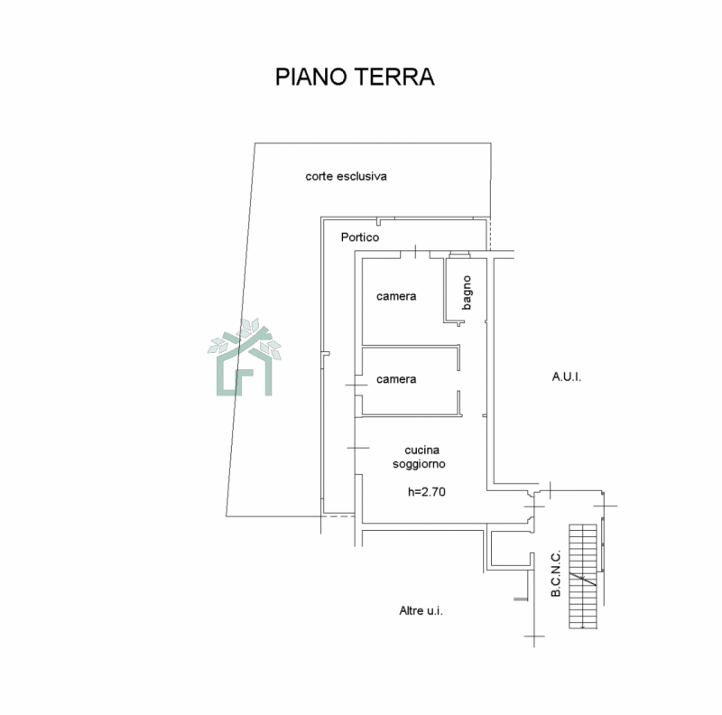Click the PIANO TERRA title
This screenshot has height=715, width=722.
point(355,77)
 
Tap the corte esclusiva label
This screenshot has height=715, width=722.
point(346,176)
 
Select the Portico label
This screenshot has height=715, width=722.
point(360,237)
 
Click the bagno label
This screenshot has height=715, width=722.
point(467,292)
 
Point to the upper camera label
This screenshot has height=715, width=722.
point(396,296)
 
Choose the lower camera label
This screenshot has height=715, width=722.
point(396,379)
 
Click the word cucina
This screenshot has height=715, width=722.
point(421,450)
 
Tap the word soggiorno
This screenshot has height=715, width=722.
point(419,464)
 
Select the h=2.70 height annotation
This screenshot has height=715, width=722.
point(426,492)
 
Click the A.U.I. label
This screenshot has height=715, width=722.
point(567,376)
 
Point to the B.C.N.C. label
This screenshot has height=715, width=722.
point(556,573)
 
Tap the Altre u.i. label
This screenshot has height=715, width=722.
point(421,611)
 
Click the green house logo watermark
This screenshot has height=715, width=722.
point(244,357)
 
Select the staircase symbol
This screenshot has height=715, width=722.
point(583,576)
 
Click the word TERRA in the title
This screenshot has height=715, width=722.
point(394,77)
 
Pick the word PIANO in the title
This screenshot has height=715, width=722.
point(310,77)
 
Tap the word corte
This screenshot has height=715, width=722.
point(319,176)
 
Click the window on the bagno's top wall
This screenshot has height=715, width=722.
point(459,254)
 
